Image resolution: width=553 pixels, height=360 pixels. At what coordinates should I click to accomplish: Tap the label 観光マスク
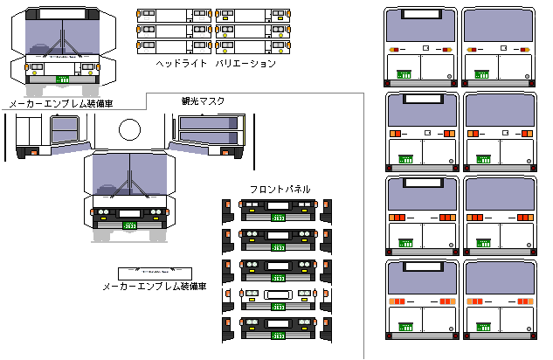point(203,101)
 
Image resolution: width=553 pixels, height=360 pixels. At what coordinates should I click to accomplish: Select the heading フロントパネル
point(279,190)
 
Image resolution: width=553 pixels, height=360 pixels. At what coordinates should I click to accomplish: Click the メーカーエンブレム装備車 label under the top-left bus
point(60,104)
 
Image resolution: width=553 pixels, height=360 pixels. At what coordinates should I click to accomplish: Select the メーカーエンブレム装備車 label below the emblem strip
point(154,286)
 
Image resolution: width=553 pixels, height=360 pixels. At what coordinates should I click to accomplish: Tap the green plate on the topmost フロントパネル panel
point(279,216)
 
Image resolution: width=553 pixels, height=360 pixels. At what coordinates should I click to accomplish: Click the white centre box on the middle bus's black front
point(129,212)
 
